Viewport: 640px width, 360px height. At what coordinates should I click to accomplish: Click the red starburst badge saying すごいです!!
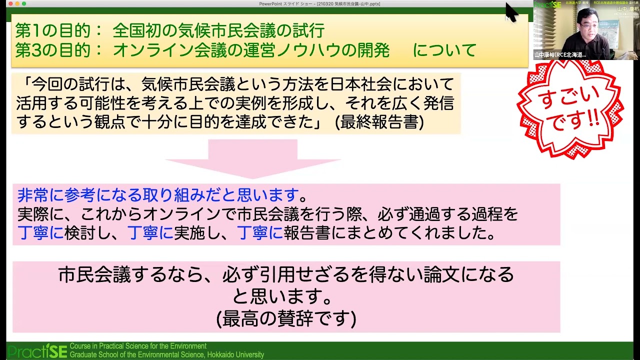[x=570, y=108]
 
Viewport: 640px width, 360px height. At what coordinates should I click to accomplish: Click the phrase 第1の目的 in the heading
[x=52, y=31]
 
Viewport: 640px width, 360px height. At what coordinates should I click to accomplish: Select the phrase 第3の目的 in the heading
[x=52, y=50]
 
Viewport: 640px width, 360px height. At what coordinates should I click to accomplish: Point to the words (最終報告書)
[x=379, y=122]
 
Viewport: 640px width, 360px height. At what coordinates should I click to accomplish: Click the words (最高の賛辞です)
[x=286, y=318]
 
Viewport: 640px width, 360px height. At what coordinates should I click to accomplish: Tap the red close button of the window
[x=10, y=4]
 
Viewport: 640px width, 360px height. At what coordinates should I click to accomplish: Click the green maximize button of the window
[x=24, y=4]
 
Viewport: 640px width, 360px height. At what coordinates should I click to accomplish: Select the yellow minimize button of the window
[x=17, y=4]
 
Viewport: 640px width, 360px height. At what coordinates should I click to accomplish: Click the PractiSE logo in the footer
[x=37, y=351]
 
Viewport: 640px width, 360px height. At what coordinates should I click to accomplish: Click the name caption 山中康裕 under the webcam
[x=560, y=54]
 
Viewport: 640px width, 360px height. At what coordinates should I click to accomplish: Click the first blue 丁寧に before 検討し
[x=40, y=233]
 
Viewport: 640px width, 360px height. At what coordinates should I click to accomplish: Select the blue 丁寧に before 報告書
[x=260, y=233]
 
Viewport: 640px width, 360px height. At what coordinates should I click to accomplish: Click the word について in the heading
[x=444, y=50]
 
